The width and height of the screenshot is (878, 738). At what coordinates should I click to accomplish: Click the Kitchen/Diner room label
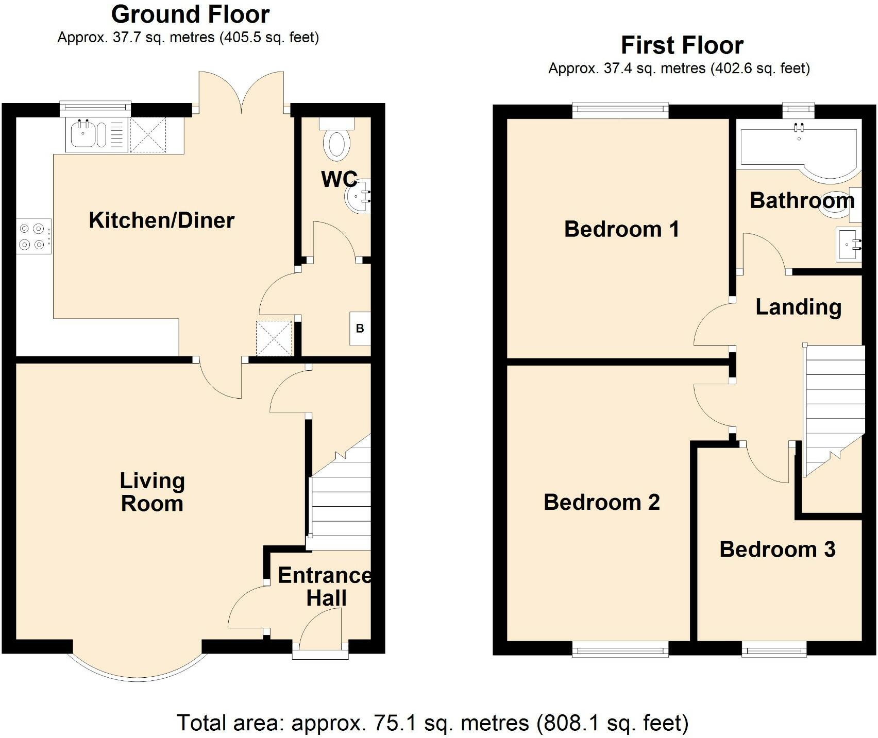point(161,220)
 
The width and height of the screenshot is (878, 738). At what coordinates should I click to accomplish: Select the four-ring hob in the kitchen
point(33,236)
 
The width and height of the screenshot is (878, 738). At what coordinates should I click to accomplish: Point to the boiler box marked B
point(360,329)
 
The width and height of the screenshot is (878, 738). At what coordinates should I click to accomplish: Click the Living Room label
point(152,492)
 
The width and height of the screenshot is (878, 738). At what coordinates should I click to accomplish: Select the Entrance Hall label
point(325,587)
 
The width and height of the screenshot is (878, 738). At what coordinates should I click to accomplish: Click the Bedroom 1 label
point(621,229)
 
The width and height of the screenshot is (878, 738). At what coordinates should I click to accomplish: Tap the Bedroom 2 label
point(601,502)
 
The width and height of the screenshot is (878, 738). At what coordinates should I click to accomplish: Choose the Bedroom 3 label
point(777,550)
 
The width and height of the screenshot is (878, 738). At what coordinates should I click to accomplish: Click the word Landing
point(798,307)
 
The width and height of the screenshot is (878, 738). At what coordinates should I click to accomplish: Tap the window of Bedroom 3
point(774,649)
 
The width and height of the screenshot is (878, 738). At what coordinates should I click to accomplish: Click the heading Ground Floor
point(190,14)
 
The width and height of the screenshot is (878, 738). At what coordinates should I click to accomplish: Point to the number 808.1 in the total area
point(568,723)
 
